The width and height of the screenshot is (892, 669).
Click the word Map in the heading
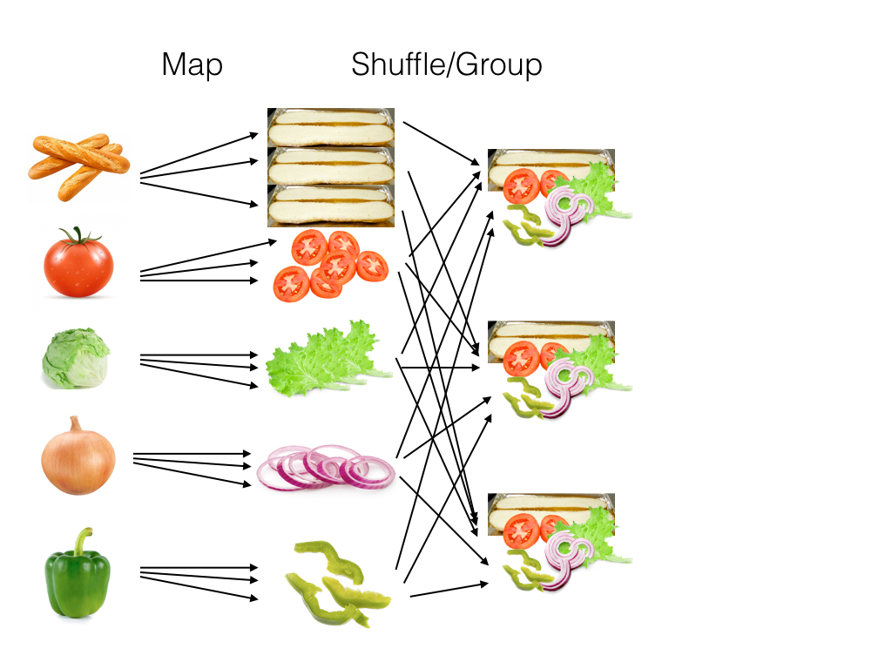(192, 65)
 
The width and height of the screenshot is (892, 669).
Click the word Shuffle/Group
(446, 65)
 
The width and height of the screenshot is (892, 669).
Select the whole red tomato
(78, 264)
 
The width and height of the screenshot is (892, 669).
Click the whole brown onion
(78, 456)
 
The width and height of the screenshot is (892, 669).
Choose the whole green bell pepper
(78, 577)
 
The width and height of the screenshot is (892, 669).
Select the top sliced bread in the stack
(330, 127)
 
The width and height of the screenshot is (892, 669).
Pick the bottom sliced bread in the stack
(330, 206)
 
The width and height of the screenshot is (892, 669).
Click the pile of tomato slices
(329, 263)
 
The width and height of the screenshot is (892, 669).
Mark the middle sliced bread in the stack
(330, 166)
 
